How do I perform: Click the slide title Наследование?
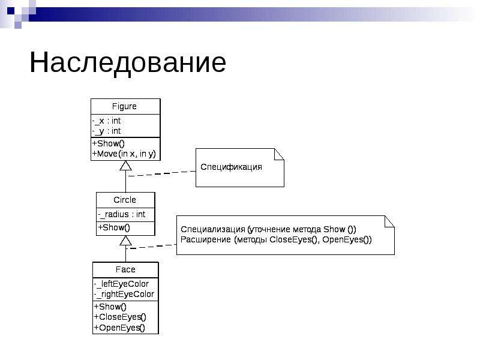point(128,64)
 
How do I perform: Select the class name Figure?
point(124,107)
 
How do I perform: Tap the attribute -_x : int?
point(106,121)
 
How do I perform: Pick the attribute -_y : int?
point(106,131)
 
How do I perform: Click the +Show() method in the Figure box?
point(109,143)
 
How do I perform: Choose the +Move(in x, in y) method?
point(124,154)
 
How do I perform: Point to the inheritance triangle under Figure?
point(125,166)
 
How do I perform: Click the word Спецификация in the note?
point(231,167)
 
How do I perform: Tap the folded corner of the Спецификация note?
point(279,154)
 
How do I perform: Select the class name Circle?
point(125,200)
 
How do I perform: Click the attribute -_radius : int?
point(122,214)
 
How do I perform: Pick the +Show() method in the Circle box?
point(114,227)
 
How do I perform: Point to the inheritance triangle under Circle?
point(125,241)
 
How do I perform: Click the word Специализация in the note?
point(213,230)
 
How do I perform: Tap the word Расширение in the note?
point(206,239)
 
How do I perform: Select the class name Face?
point(125,269)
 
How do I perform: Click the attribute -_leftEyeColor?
point(121,284)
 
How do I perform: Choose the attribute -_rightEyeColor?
point(124,294)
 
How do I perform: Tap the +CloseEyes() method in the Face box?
point(120,317)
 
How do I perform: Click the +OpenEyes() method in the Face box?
point(119,328)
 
